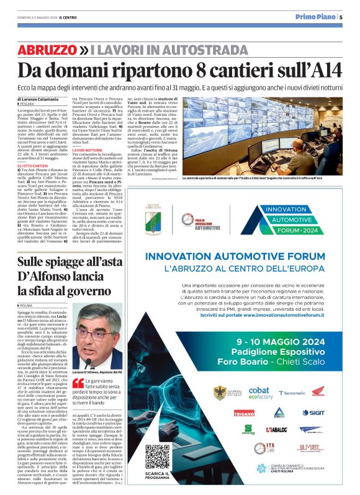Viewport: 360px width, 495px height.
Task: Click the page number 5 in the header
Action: pos(341,17)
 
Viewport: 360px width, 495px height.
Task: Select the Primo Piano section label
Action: pos(315,17)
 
